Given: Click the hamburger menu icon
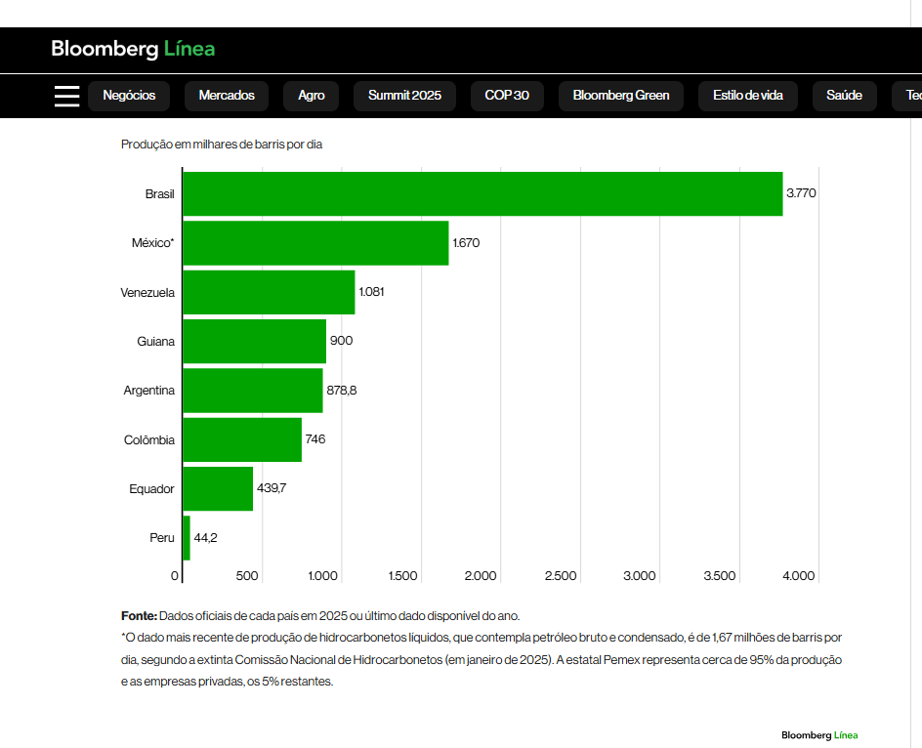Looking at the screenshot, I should pos(66,96).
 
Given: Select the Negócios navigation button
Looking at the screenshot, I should pos(129,96).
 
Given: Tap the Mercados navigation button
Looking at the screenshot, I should pos(227,96).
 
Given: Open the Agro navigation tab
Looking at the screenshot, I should pos(312,96).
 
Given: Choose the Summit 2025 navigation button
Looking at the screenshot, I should pos(404,96).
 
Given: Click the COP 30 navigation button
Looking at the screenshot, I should pos(507,96).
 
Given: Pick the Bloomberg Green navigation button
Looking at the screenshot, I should pos(621,96).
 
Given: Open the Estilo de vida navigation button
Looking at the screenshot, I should pos(748,96).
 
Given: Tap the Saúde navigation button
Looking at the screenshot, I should pos(844,96).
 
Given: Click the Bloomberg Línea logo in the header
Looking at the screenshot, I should pos(133,49).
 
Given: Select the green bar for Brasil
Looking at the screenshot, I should pos(482,194).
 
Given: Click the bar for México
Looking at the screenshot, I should pos(315,243).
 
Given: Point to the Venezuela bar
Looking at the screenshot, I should pos(269,292).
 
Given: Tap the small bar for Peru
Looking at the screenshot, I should pos(187,538).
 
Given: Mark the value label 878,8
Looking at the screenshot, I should pos(342,391).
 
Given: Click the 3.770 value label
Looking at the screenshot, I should pos(801,193).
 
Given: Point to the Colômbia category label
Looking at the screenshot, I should pos(149,440).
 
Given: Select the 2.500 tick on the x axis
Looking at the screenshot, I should pos(561,576).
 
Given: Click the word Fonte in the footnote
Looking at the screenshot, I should pos(139,616).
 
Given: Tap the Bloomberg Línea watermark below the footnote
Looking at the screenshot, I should pos(819,735).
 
